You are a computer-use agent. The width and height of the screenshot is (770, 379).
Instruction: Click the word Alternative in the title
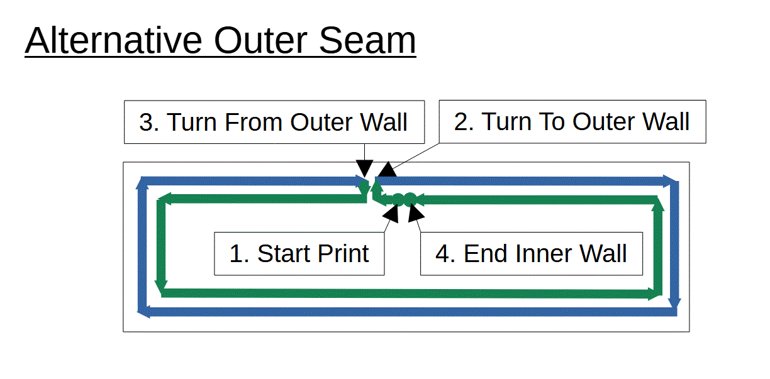pyautogui.click(x=113, y=40)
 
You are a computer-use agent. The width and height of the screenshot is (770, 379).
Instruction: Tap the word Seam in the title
pyautogui.click(x=367, y=40)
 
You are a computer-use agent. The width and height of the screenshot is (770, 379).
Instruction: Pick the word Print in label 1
pyautogui.click(x=343, y=254)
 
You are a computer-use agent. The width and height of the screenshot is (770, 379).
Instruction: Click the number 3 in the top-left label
pyautogui.click(x=146, y=122)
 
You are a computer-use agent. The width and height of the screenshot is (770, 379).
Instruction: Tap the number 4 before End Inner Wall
pyautogui.click(x=442, y=254)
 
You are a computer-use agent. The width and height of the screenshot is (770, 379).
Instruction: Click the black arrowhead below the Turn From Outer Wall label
pyautogui.click(x=364, y=168)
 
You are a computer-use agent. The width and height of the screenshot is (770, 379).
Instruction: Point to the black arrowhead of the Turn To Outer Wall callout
pyautogui.click(x=388, y=170)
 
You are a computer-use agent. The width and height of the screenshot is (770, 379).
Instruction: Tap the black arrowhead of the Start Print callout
pyautogui.click(x=391, y=214)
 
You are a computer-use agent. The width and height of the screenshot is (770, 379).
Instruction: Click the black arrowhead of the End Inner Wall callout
pyautogui.click(x=415, y=214)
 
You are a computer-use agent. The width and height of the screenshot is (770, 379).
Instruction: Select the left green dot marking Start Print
pyautogui.click(x=398, y=199)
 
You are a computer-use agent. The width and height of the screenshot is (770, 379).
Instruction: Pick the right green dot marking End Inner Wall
pyautogui.click(x=410, y=199)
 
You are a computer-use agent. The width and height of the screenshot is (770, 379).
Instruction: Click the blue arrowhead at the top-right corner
pyautogui.click(x=671, y=181)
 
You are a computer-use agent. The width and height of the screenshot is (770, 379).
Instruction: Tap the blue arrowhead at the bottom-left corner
pyautogui.click(x=143, y=312)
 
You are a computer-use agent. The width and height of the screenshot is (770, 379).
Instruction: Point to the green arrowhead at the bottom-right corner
pyautogui.click(x=654, y=294)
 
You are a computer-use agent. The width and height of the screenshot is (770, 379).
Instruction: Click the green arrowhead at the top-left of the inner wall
pyautogui.click(x=164, y=199)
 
